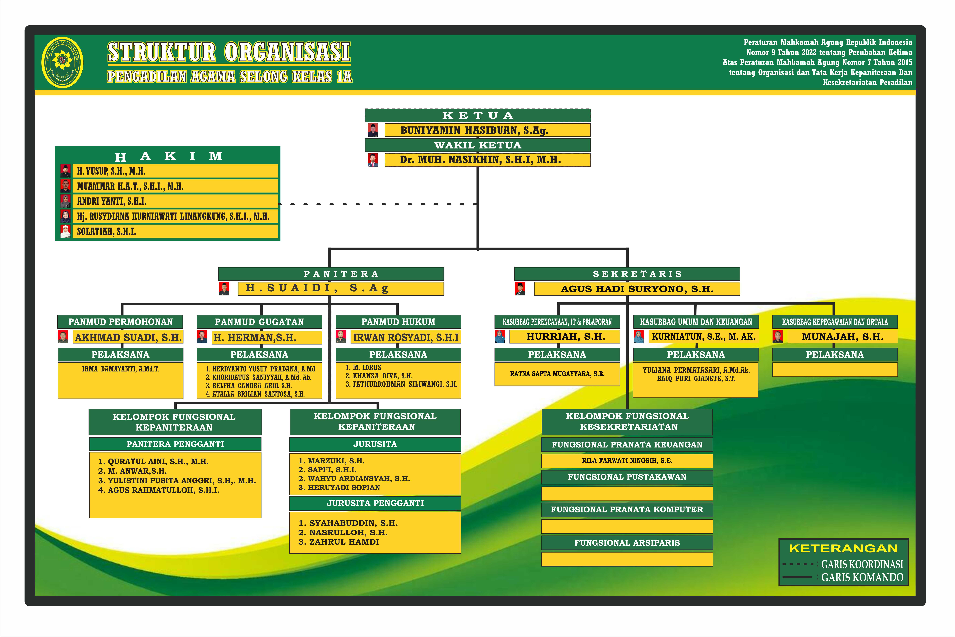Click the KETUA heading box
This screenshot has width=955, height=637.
(x=477, y=115)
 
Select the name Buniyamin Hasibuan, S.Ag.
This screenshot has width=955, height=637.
(x=474, y=130)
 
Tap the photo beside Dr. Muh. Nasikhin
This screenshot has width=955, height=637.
(x=372, y=160)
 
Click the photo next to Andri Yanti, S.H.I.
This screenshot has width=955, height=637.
(x=65, y=201)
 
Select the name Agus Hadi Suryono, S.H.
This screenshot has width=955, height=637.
(x=637, y=289)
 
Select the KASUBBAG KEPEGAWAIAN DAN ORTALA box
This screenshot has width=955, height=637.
(x=835, y=322)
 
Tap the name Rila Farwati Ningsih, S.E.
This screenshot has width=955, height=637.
(x=627, y=461)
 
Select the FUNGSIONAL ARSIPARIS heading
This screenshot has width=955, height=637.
(x=627, y=543)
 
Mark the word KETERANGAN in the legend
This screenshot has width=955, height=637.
(x=843, y=548)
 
